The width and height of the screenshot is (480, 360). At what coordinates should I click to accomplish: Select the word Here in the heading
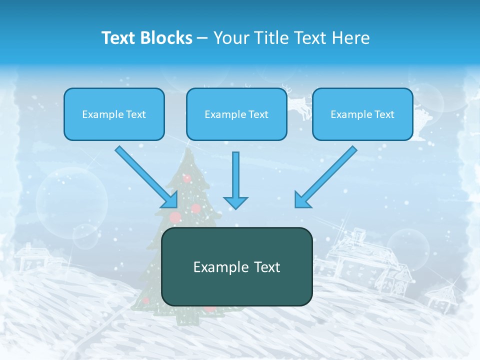tap(352, 38)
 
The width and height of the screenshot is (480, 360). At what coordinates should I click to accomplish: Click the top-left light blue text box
tap(114, 114)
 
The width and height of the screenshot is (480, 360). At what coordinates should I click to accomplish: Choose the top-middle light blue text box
tap(236, 114)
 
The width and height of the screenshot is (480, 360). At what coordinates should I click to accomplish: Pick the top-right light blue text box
tap(362, 114)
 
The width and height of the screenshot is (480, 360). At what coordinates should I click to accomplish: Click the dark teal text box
tap(236, 266)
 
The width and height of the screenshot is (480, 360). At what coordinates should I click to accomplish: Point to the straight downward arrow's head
tap(235, 202)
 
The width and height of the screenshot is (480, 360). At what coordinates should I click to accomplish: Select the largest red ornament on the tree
tap(175, 217)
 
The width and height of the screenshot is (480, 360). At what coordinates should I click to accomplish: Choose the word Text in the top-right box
tap(384, 114)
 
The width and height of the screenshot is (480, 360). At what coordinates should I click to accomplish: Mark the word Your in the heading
tap(229, 38)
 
